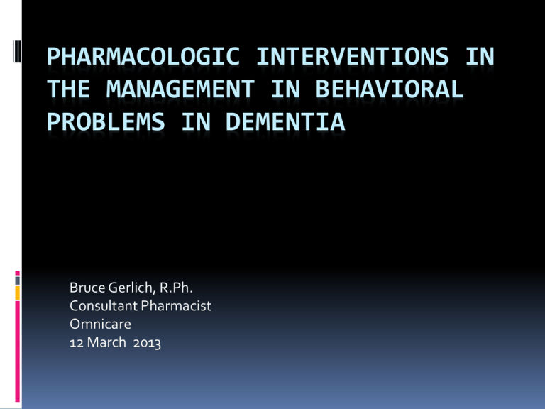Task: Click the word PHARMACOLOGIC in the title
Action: [x=143, y=56]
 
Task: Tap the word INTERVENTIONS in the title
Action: [x=353, y=56]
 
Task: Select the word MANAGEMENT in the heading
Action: [x=180, y=89]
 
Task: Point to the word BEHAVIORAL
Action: [x=390, y=89]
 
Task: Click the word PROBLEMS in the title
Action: [x=106, y=121]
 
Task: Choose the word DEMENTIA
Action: [x=285, y=121]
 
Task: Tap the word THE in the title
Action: [x=69, y=89]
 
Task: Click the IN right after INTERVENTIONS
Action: [x=480, y=56]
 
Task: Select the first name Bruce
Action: [x=87, y=288]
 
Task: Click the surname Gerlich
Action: [x=131, y=288]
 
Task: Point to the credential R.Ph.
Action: [x=176, y=288]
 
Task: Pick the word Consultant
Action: [x=104, y=306]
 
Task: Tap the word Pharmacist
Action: [x=176, y=306]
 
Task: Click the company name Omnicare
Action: [x=100, y=324]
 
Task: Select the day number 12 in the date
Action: [x=77, y=342]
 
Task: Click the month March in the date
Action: [x=106, y=342]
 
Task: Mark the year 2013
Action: [x=147, y=343]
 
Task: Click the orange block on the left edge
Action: [x=17, y=293]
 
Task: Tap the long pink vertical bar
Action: [x=17, y=351]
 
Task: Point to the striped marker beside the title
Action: [x=17, y=51]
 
